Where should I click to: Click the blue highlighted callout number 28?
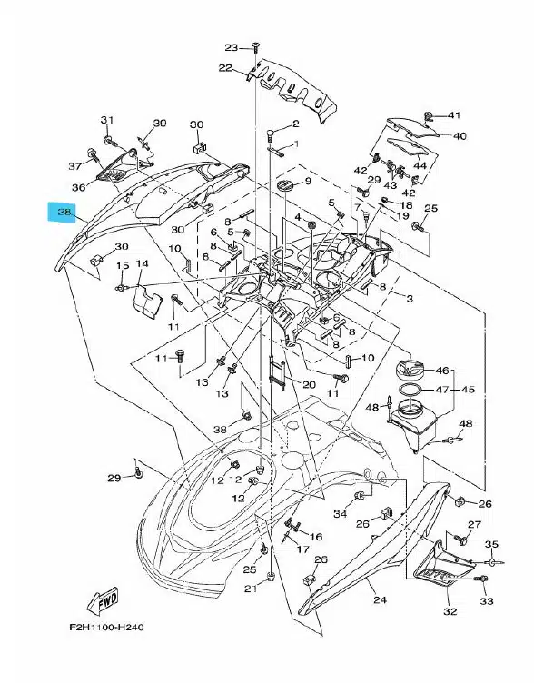click(64, 213)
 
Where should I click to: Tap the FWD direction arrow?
click(104, 600)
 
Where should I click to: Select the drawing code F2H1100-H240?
click(106, 627)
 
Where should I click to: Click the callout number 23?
click(231, 47)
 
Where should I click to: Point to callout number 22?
click(225, 68)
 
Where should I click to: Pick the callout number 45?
click(468, 390)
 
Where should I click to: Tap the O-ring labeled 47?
click(410, 391)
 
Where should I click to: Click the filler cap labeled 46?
click(410, 368)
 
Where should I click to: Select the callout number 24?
click(380, 599)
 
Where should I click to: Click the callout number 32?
click(450, 611)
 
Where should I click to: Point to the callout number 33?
click(486, 600)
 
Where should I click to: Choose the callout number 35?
click(491, 544)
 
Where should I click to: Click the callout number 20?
click(309, 384)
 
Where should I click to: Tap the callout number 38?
click(220, 429)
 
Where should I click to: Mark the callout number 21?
click(251, 589)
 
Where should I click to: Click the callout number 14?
click(142, 264)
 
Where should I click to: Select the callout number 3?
click(410, 299)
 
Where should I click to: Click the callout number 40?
click(460, 135)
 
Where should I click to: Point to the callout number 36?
click(79, 187)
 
